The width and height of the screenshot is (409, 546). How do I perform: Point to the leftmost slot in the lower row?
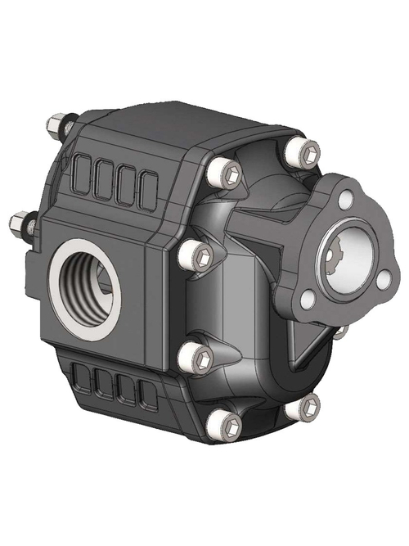pyautogui.click(x=83, y=379)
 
